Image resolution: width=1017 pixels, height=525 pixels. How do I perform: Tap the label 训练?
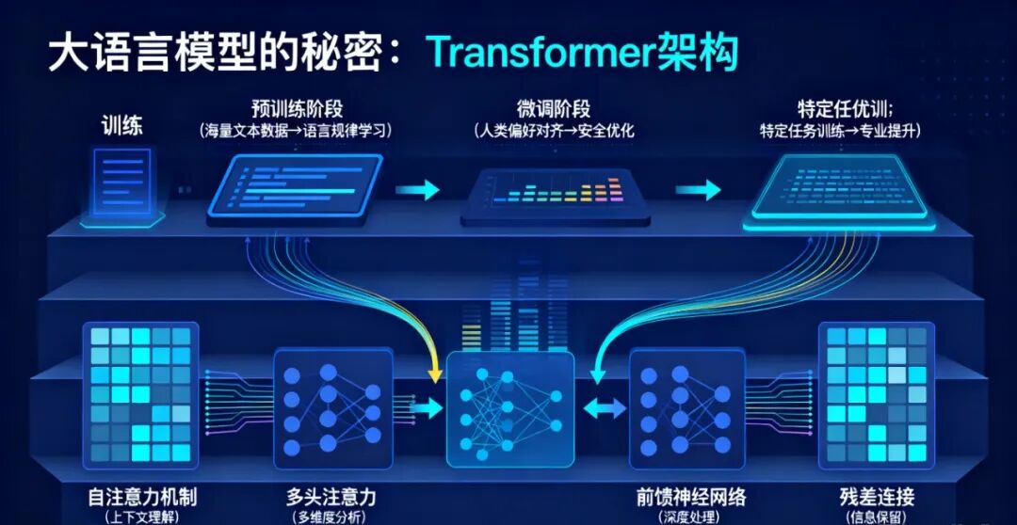pyautogui.click(x=122, y=124)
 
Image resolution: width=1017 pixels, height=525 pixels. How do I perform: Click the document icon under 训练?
pyautogui.click(x=122, y=184)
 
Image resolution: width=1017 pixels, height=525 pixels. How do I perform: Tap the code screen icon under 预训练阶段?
pyautogui.click(x=295, y=188)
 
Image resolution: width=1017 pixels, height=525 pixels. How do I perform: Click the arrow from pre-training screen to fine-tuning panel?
pyautogui.click(x=417, y=190)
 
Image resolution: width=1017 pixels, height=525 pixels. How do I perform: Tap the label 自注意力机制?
pyautogui.click(x=141, y=496)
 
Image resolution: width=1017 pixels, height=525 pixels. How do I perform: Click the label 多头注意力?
pyautogui.click(x=331, y=496)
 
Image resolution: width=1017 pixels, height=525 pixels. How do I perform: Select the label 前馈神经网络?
pyautogui.click(x=684, y=496)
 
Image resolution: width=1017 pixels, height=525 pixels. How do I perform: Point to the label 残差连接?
pyautogui.click(x=877, y=496)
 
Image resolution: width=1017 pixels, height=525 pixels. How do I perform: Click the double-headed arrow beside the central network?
pyautogui.click(x=604, y=408)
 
